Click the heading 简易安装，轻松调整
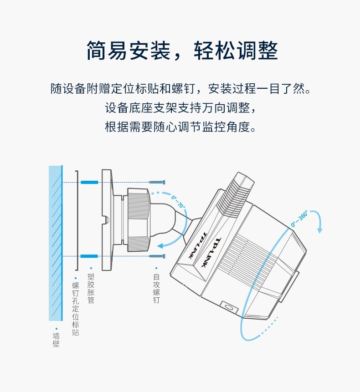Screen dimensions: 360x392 click(x=182, y=51)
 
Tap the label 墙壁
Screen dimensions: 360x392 click(x=57, y=340)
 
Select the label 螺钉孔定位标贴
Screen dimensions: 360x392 click(x=76, y=309)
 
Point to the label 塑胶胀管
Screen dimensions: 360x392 click(x=91, y=288)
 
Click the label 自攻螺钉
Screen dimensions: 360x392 click(x=156, y=288)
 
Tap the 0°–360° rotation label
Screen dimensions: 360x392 click(x=299, y=219)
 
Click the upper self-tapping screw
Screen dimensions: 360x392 click(x=157, y=182)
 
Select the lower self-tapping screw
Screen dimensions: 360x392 click(x=157, y=256)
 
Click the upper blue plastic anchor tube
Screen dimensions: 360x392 click(x=89, y=182)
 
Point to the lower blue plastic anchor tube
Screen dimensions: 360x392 click(x=89, y=256)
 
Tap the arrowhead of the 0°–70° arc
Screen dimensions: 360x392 click(x=160, y=246)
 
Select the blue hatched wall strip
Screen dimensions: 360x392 click(x=56, y=243)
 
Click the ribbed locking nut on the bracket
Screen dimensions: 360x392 click(x=139, y=220)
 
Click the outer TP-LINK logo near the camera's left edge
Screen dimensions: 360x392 click(x=198, y=245)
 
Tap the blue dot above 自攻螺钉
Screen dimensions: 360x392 click(x=156, y=268)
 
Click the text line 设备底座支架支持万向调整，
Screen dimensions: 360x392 click(x=180, y=108)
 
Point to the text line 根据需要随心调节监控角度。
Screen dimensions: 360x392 click(x=180, y=127)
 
